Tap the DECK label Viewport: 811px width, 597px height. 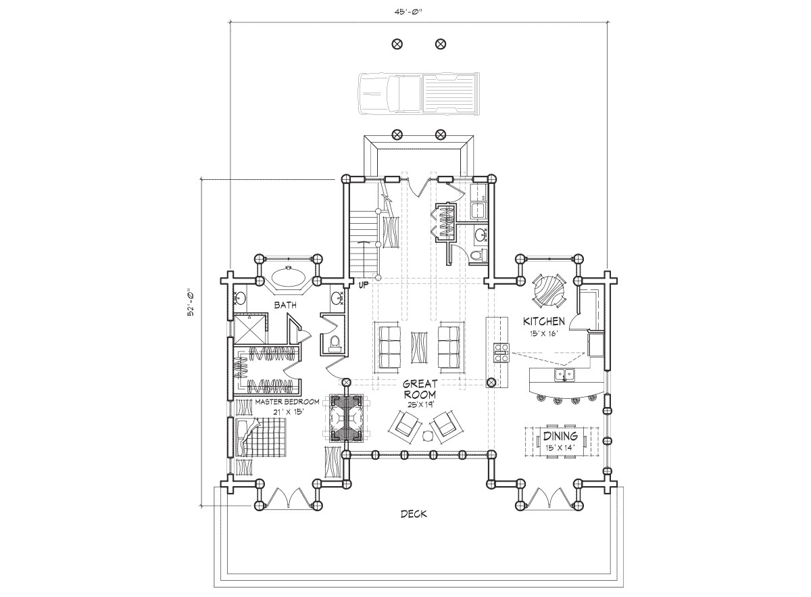[413, 514]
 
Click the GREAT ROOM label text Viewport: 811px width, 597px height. [419, 389]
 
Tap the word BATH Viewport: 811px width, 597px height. [285, 306]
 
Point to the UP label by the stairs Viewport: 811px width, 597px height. [363, 285]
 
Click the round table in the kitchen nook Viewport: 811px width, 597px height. [549, 290]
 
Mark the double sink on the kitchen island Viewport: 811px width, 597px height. [562, 375]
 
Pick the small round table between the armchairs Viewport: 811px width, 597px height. [427, 436]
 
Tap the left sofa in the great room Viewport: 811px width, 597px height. [389, 347]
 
